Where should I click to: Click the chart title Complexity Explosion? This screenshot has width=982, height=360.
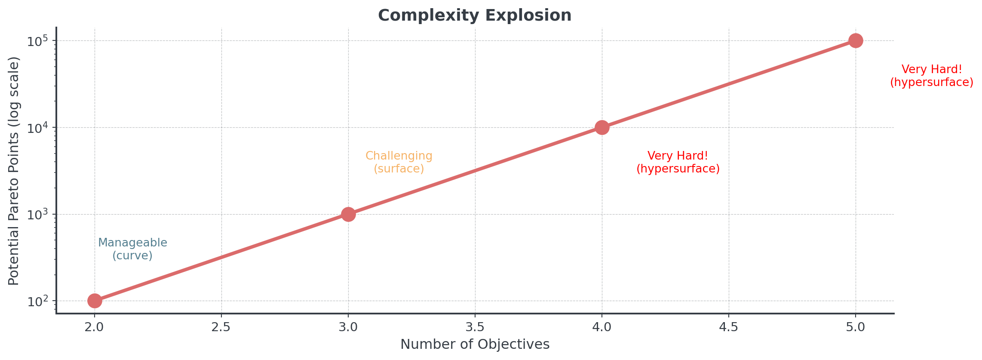click(x=475, y=15)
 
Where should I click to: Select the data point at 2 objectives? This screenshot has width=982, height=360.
click(x=95, y=301)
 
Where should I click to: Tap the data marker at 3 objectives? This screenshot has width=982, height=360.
click(x=348, y=214)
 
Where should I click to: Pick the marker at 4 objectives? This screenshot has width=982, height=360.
click(x=602, y=127)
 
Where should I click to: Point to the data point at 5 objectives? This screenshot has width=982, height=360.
click(x=856, y=41)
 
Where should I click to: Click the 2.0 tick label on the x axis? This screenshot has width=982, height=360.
click(x=95, y=328)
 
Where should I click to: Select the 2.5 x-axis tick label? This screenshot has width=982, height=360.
click(x=221, y=328)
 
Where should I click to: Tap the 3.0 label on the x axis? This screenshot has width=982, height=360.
click(x=348, y=328)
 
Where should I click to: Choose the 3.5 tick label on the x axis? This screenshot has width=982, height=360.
click(x=475, y=328)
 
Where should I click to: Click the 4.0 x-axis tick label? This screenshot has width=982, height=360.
click(x=602, y=328)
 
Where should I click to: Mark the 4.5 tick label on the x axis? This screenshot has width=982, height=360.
click(x=729, y=328)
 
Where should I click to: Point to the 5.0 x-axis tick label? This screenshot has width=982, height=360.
click(x=856, y=328)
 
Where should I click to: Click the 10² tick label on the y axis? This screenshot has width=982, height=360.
click(x=36, y=301)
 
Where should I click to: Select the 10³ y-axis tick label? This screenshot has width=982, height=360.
click(x=36, y=214)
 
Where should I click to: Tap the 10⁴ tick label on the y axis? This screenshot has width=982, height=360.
click(x=36, y=127)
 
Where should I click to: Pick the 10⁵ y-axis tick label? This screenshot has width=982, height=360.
click(x=36, y=41)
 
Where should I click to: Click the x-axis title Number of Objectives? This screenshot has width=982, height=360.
click(x=475, y=345)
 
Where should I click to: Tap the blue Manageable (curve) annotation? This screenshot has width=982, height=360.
click(x=132, y=249)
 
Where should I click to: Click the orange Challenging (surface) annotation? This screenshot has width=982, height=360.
click(x=399, y=162)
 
